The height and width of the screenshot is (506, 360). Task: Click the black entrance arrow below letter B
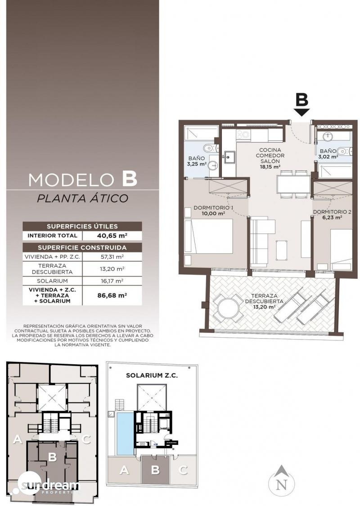[x=302, y=112]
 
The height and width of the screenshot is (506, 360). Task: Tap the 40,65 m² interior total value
[x=112, y=236]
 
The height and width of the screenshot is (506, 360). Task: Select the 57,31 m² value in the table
[x=112, y=257]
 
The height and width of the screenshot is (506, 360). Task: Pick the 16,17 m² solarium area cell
[x=112, y=281]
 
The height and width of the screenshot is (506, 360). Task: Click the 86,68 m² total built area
[x=112, y=295]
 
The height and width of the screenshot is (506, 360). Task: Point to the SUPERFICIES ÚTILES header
[x=82, y=226]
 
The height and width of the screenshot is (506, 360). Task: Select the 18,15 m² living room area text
[x=270, y=167]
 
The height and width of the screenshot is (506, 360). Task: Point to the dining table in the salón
[x=293, y=184]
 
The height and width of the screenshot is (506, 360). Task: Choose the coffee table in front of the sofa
[x=281, y=250]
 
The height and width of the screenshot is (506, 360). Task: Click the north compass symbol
[x=282, y=483]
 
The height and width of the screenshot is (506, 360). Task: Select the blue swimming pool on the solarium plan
[x=125, y=434]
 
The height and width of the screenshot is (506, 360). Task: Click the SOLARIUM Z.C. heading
[x=152, y=375]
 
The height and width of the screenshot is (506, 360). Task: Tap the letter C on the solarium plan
[x=183, y=470]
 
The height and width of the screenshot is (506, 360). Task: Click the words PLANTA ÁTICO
[x=83, y=198]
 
